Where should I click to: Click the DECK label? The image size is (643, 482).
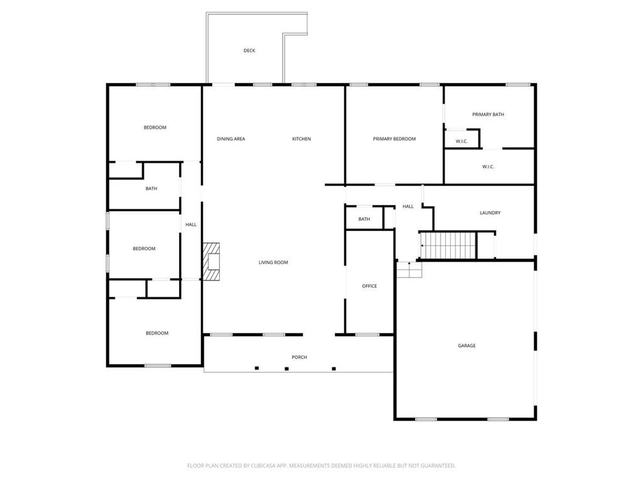[249, 51]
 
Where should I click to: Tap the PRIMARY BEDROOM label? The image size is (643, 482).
[394, 139]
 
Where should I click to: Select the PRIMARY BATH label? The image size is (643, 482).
[488, 114]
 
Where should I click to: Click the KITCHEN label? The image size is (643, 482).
[301, 139]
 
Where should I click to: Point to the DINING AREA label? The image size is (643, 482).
[231, 139]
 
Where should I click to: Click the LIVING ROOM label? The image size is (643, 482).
[273, 262]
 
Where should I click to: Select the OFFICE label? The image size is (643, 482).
[369, 286]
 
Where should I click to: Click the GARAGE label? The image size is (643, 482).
[467, 346]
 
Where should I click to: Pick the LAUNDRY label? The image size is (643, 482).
[490, 213]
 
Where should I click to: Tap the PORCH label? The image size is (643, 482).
[299, 357]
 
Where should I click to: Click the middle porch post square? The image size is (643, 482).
[286, 368]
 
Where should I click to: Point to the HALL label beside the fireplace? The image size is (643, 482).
[191, 224]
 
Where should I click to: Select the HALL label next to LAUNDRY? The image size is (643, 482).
[408, 206]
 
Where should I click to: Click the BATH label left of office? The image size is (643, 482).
[364, 219]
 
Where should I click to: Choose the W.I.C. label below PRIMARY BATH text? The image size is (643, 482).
[462, 141]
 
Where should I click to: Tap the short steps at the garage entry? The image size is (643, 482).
[409, 270]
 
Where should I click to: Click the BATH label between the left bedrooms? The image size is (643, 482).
[151, 188]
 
